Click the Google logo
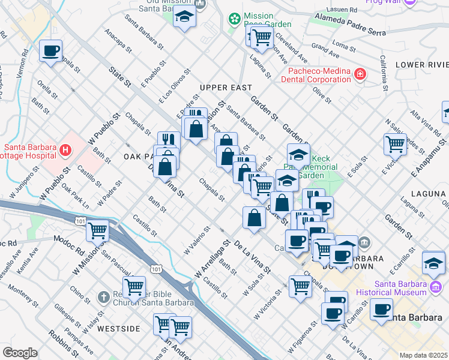click(x=20, y=353)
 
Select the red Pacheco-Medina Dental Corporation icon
click(x=360, y=74)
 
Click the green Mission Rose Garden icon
click(x=234, y=19)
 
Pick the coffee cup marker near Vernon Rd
click(x=52, y=50)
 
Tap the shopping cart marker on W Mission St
click(x=97, y=230)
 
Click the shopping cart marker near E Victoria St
click(x=395, y=144)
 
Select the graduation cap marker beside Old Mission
click(x=185, y=17)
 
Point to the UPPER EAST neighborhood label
click(x=226, y=88)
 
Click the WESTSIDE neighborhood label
click(x=119, y=329)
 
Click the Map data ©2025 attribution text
click(x=424, y=355)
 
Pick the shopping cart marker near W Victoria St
click(x=300, y=286)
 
